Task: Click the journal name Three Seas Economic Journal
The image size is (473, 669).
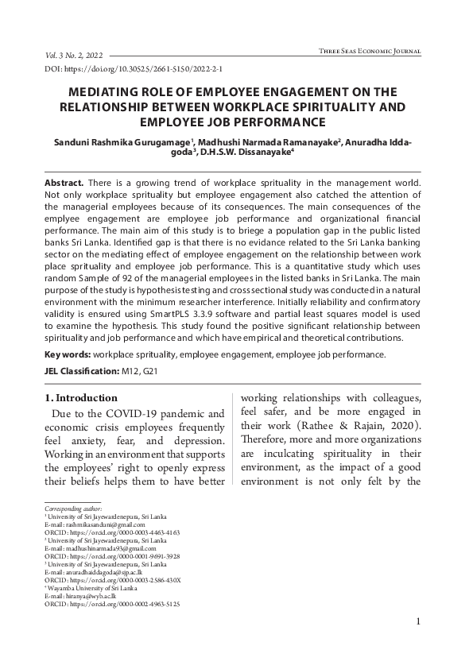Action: pos(369,51)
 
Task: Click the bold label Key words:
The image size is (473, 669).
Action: pos(68,354)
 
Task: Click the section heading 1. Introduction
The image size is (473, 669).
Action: pos(80,398)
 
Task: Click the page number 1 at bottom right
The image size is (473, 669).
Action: pos(417,644)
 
